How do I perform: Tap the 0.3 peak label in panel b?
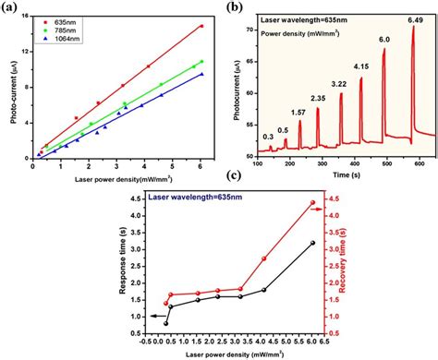(267, 135)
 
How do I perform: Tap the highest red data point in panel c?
(312, 203)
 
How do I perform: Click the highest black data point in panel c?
(312, 243)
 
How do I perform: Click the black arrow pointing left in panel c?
(143, 316)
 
